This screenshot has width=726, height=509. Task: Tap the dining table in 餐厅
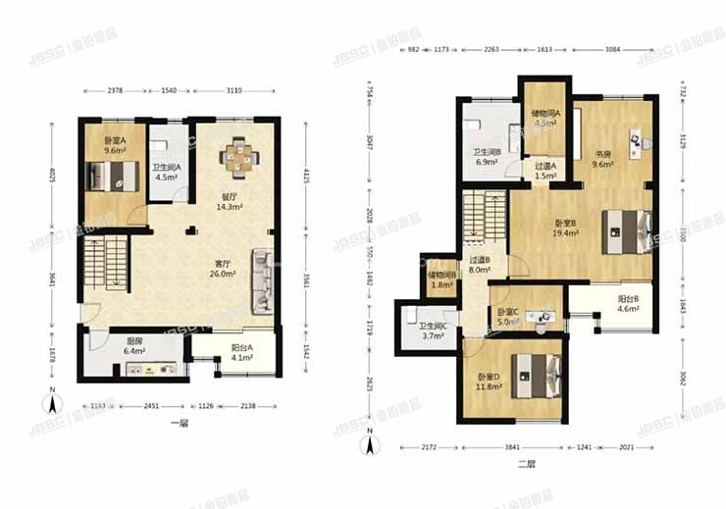238,157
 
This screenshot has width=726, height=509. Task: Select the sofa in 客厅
264,281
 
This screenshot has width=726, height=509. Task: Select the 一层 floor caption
178,424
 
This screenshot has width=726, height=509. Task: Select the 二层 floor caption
526,466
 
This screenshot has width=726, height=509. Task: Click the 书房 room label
601,158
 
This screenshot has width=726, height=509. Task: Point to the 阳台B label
629,303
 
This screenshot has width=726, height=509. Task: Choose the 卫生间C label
432,331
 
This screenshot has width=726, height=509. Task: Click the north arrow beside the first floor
52,401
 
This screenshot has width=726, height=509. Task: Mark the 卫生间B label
488,155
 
